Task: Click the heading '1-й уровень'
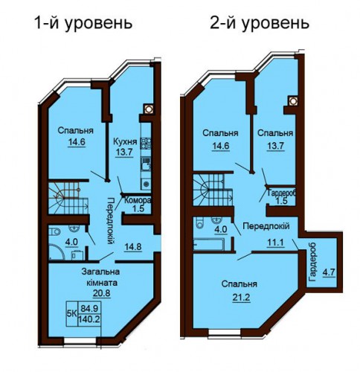pos(84,24)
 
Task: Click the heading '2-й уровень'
pos(260,24)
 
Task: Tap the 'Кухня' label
pos(125,142)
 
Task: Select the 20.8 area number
pos(102,293)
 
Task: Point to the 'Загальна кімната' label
pos(101,277)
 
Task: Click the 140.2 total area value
pos(89,319)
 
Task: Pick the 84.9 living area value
pos(89,309)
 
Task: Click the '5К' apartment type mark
pos(72,314)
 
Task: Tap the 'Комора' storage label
pos(138,200)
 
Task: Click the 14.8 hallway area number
pos(133,247)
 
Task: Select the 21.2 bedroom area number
pos(241,297)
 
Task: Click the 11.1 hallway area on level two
pos(275,243)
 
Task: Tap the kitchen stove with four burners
pos(146,143)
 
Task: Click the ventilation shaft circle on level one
pos(149,109)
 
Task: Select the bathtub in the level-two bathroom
pos(210,244)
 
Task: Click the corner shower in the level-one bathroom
pos(57,251)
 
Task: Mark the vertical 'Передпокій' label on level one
pos(110,221)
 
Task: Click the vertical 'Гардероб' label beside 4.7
pos(312,262)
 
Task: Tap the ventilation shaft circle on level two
pos(293,100)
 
